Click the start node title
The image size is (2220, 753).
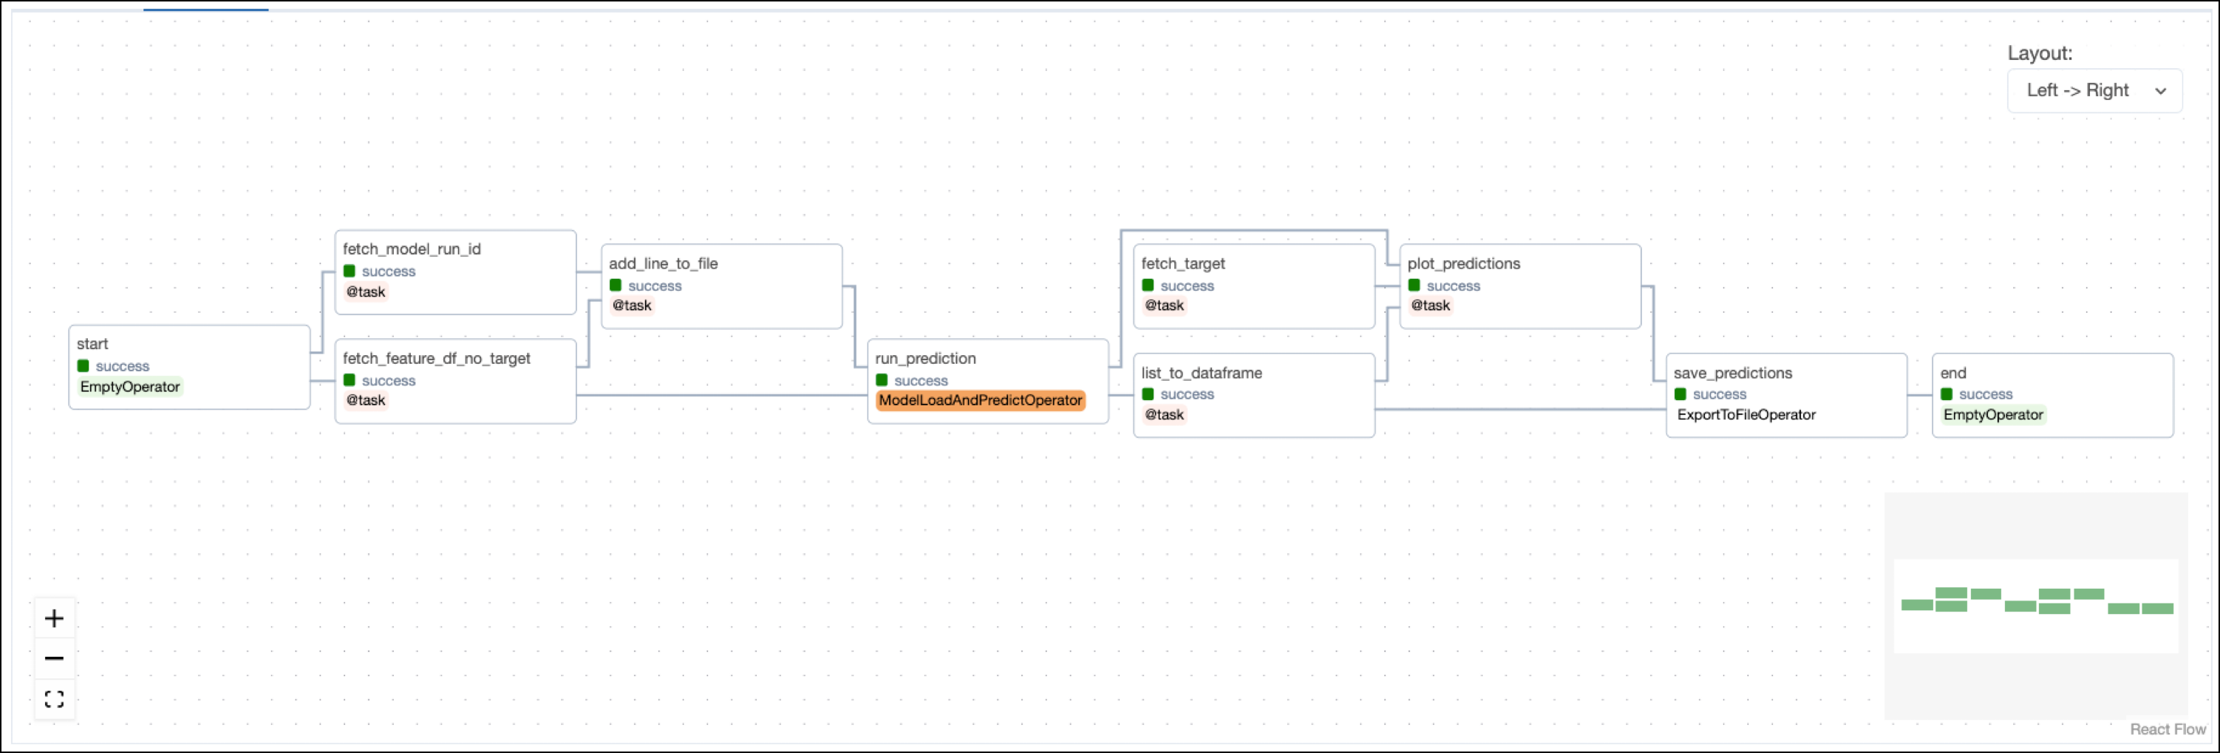coord(92,343)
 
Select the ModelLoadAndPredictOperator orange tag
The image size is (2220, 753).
coord(980,400)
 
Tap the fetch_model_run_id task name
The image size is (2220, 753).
coord(411,249)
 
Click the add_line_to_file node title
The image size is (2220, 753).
coord(663,263)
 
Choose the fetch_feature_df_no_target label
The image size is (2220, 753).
coord(436,358)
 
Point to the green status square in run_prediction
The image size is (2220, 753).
coord(882,380)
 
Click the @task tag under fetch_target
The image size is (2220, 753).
coord(1163,305)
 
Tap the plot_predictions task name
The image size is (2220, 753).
coord(1463,263)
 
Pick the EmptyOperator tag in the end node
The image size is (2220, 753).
coord(1992,415)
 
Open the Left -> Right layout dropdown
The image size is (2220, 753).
coord(2094,90)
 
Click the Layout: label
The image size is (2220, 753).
coord(2039,53)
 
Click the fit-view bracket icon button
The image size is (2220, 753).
coord(54,699)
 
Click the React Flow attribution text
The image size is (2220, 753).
coord(2167,729)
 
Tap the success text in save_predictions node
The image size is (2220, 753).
coord(1718,394)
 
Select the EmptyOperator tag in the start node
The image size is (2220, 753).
coord(130,386)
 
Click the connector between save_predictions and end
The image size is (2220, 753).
coord(1919,395)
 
